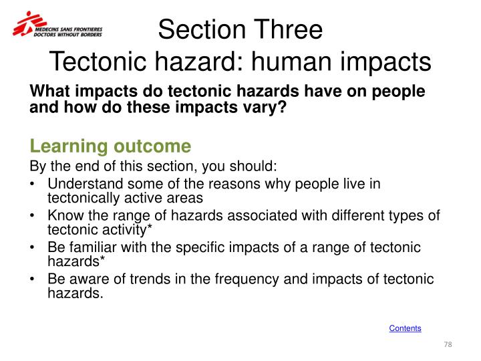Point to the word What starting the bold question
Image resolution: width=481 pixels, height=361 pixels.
coord(51,92)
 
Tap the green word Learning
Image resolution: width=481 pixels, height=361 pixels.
coord(62,146)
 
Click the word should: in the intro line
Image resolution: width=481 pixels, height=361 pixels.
coord(254,166)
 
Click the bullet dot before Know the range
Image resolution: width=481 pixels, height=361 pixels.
coord(33,216)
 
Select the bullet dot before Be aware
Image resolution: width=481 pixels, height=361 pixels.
coord(33,279)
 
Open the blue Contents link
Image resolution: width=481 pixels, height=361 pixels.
coord(405,328)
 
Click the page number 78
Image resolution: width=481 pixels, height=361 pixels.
coord(448,344)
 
